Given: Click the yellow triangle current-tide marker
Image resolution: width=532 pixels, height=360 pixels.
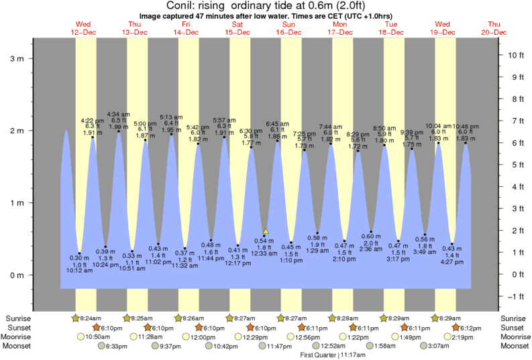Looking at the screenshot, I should (x=266, y=231).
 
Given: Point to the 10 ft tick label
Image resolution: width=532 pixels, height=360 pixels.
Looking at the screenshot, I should (x=515, y=54).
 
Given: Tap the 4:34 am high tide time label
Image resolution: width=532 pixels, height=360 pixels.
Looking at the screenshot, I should (x=119, y=114).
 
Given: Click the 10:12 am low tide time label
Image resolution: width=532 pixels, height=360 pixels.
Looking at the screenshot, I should (x=79, y=271).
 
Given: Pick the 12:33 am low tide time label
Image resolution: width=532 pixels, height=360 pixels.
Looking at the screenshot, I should (x=264, y=254).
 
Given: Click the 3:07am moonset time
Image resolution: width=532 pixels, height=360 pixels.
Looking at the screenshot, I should (x=439, y=346).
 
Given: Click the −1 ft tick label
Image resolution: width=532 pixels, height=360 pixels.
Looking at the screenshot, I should (x=515, y=296).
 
